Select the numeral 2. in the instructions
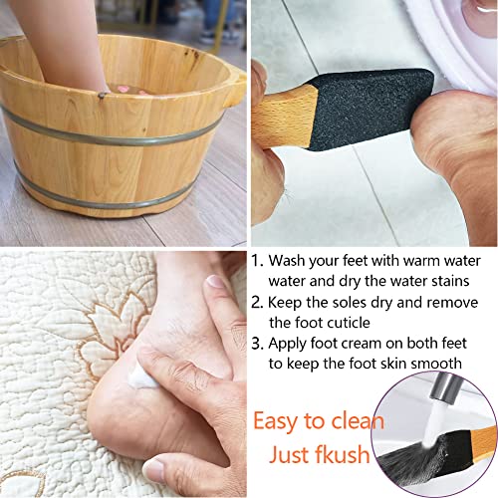pos(258,303)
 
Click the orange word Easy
pos(283,421)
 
